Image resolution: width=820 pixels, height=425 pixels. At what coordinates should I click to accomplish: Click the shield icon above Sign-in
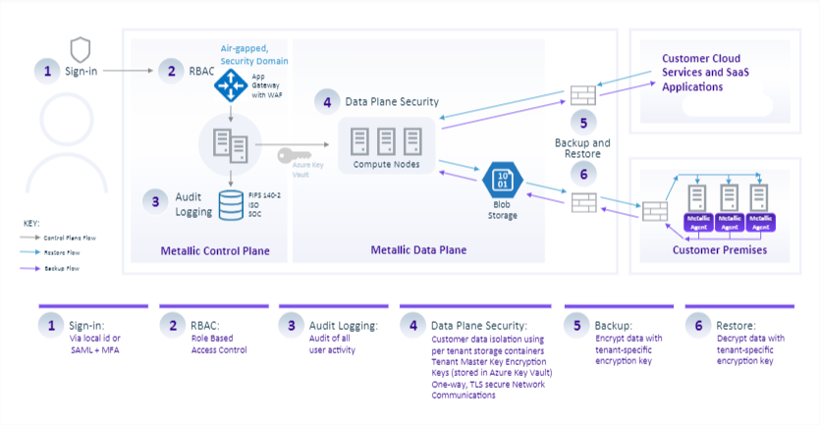[81, 47]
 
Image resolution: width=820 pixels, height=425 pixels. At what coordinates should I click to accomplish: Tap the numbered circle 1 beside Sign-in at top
[45, 71]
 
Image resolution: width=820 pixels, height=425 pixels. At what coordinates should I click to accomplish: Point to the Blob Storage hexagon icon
[501, 181]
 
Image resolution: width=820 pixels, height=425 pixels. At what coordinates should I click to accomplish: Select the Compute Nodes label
[385, 165]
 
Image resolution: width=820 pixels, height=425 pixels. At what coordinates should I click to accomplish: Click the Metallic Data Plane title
[418, 250]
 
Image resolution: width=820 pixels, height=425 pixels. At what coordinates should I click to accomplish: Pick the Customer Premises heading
[720, 250]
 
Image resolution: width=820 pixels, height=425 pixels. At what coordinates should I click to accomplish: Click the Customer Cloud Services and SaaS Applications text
[708, 73]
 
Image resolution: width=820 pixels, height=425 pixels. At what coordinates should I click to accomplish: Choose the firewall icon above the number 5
[583, 95]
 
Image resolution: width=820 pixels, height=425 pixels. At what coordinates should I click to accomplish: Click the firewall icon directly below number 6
[583, 200]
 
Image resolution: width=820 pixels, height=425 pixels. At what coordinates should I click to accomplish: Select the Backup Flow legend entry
[60, 267]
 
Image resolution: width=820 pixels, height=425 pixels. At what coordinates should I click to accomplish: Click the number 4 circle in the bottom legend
[412, 325]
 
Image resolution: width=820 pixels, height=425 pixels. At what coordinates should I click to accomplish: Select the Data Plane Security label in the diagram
[391, 101]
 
